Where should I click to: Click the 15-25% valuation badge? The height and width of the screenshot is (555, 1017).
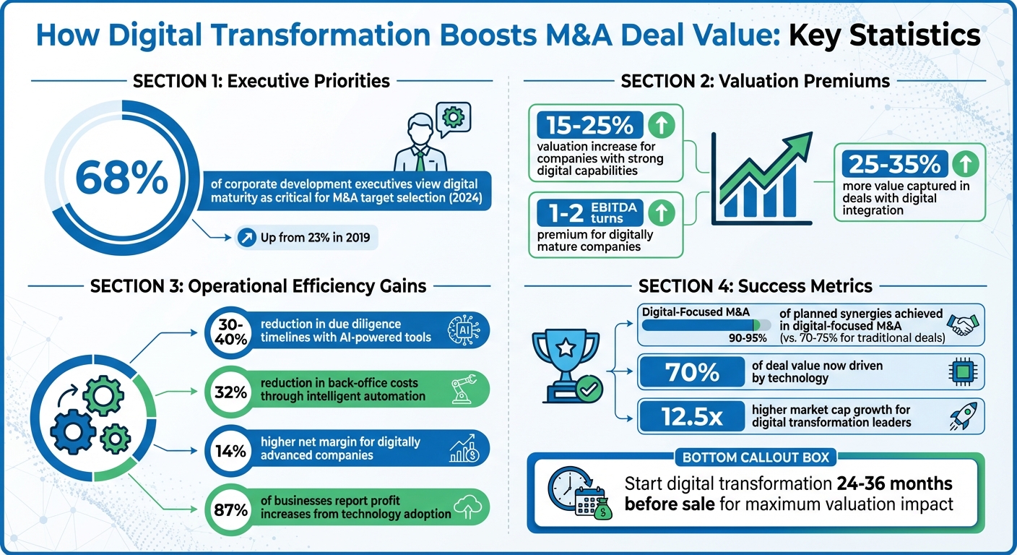588,125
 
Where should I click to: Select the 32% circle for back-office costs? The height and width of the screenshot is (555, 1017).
230,392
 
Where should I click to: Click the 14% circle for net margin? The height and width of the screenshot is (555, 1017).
230,449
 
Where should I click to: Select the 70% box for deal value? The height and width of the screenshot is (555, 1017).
691,372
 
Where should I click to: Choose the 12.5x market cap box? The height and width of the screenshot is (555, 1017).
691,416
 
